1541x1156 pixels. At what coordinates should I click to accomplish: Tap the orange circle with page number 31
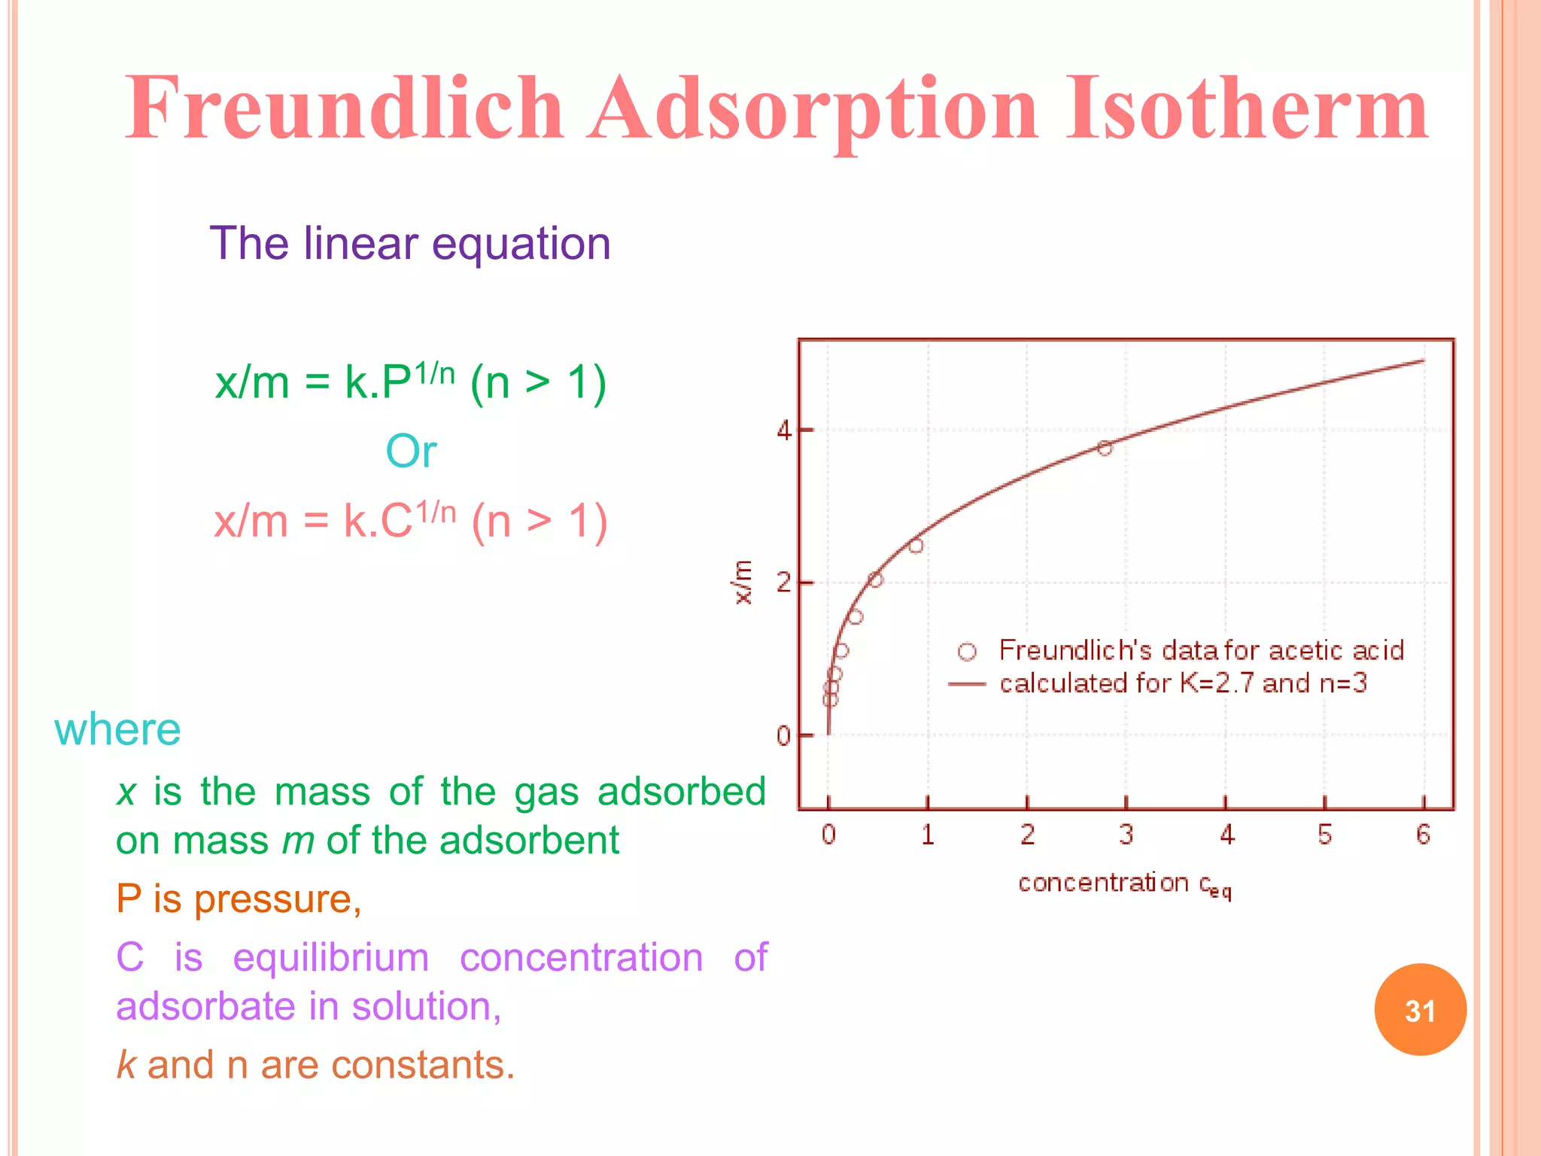(x=1420, y=1010)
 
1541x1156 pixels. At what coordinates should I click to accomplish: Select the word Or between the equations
(x=411, y=452)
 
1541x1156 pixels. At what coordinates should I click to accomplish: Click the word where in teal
(x=117, y=729)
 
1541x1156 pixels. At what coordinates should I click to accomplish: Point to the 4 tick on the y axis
(x=783, y=431)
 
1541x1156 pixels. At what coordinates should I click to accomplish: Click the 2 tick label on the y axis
(x=783, y=583)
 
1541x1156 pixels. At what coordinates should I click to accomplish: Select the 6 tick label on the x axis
(x=1423, y=834)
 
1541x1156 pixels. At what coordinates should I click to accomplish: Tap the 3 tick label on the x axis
(x=1126, y=834)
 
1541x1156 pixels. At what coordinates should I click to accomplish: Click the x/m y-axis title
(x=743, y=583)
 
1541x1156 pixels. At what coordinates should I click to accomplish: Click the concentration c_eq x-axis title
(x=1124, y=884)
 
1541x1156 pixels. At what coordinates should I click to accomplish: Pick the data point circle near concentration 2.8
(x=1105, y=449)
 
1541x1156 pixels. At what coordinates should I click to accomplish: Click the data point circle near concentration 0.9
(x=916, y=546)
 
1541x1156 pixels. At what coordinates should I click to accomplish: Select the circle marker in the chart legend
(x=967, y=652)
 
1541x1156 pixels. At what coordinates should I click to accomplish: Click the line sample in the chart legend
(x=967, y=684)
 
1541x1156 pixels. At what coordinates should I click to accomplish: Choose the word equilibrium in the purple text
(x=331, y=957)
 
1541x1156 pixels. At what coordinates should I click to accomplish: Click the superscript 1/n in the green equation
(x=434, y=373)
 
